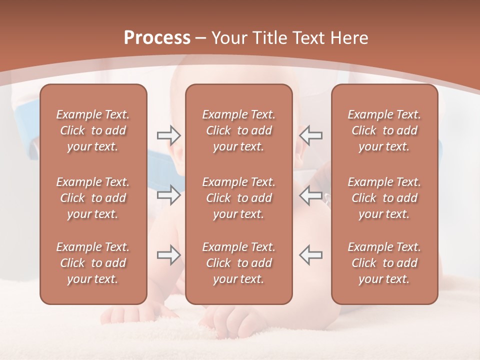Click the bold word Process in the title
pyautogui.click(x=157, y=38)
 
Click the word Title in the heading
pyautogui.click(x=272, y=38)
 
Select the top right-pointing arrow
pyautogui.click(x=168, y=135)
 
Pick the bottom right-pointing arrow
pyautogui.click(x=168, y=255)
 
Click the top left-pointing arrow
pyautogui.click(x=310, y=135)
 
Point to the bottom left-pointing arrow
pyautogui.click(x=310, y=255)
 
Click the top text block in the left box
pyautogui.click(x=93, y=130)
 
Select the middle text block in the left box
pyautogui.click(x=93, y=198)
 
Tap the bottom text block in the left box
pyautogui.click(x=93, y=263)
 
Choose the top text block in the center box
pyautogui.click(x=238, y=130)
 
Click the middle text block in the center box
pyautogui.click(x=238, y=198)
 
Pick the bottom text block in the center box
pyautogui.click(x=238, y=263)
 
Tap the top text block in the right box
pyautogui.click(x=384, y=130)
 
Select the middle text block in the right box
pyautogui.click(x=384, y=198)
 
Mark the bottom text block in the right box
pyautogui.click(x=384, y=263)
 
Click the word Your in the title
pyautogui.click(x=229, y=38)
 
